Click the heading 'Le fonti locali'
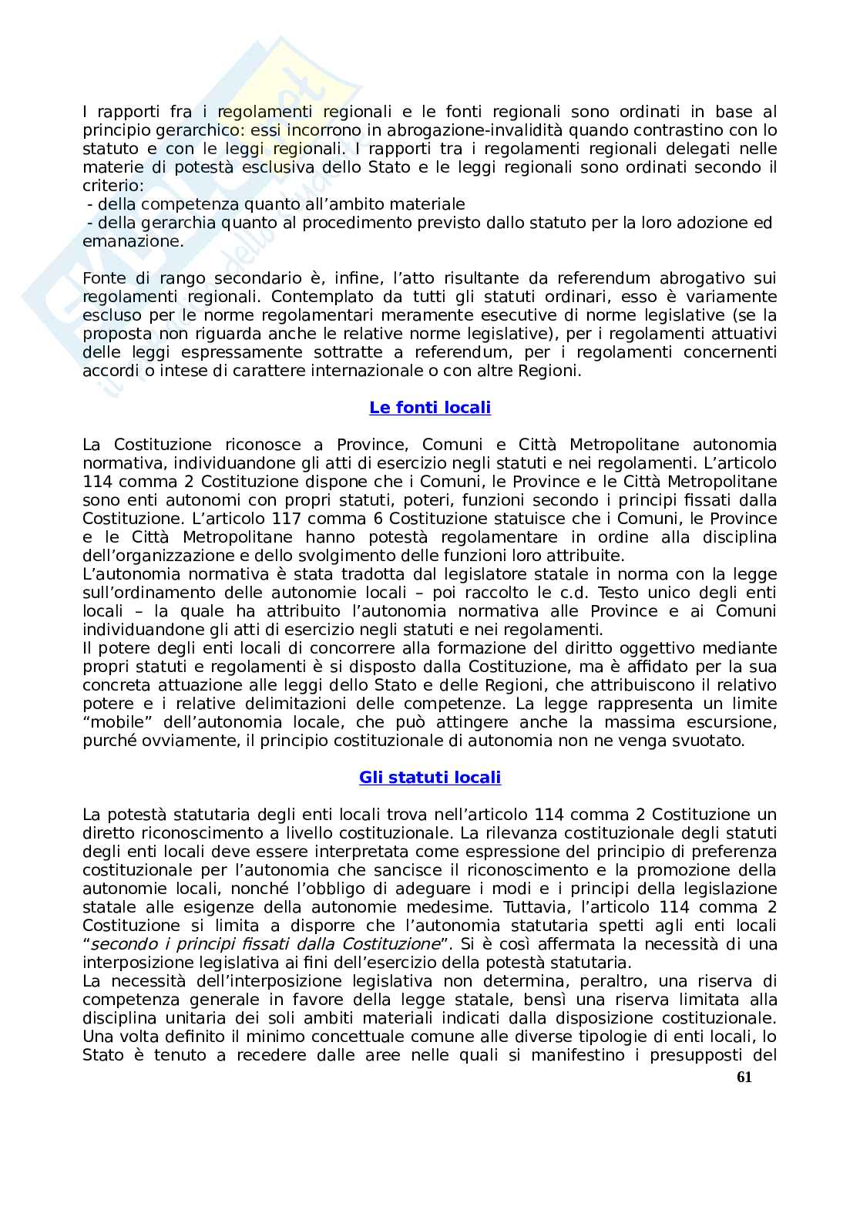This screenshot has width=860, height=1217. pyautogui.click(x=430, y=408)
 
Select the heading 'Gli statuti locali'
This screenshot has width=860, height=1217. pyautogui.click(x=430, y=778)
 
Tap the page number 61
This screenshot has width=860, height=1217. pyautogui.click(x=744, y=1077)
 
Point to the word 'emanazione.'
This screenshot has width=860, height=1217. pyautogui.click(x=133, y=241)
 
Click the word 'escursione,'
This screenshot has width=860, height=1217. pyautogui.click(x=732, y=722)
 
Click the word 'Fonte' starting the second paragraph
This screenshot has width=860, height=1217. pyautogui.click(x=105, y=278)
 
